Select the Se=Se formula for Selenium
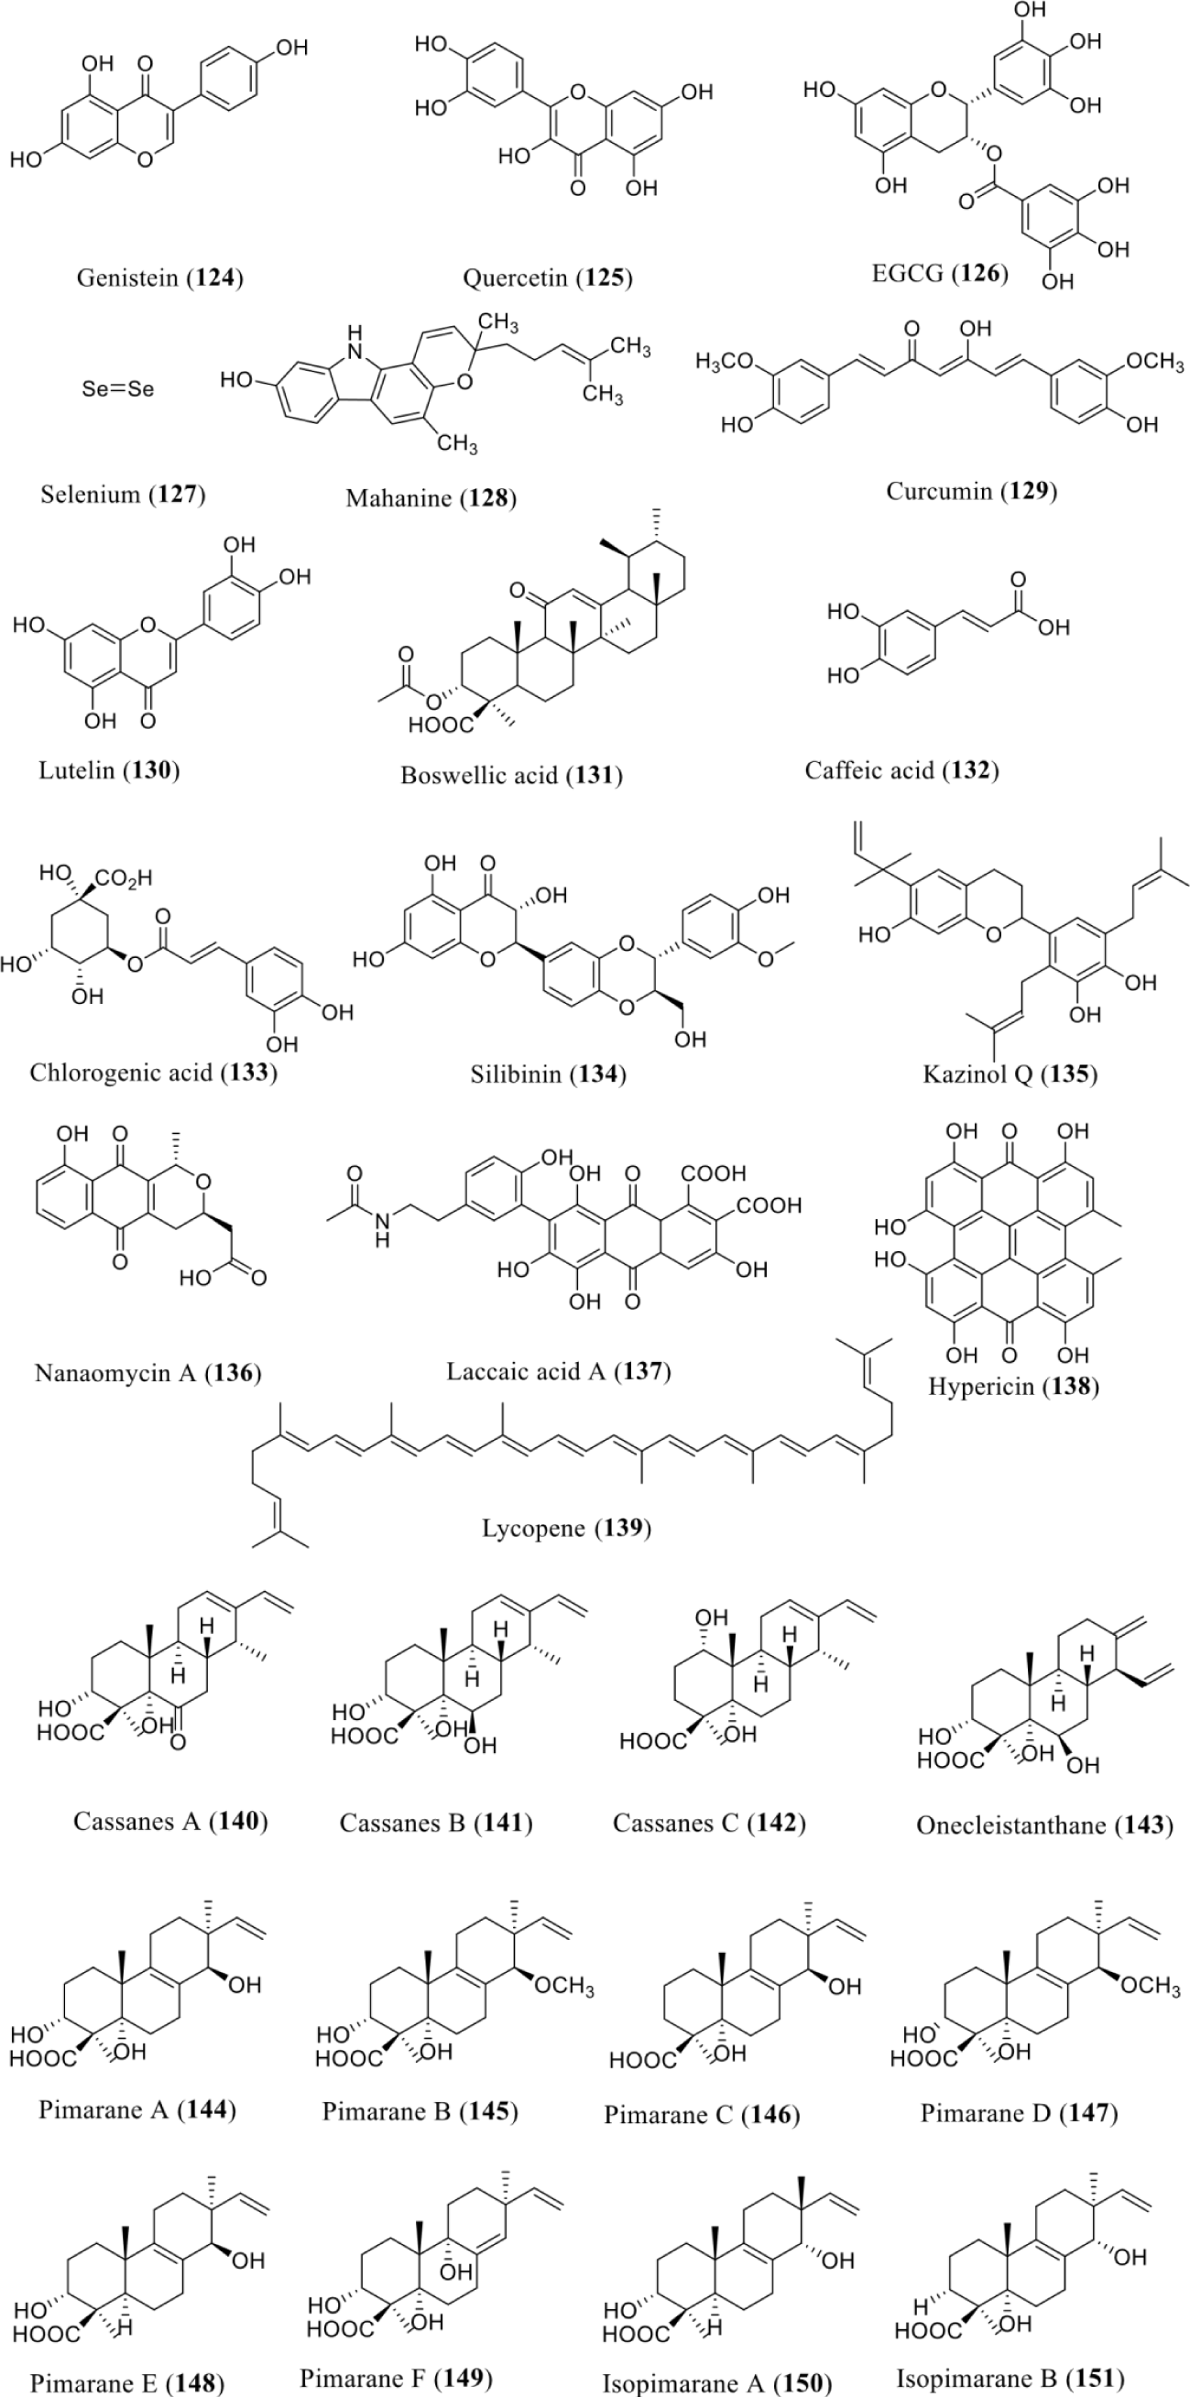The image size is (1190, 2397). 117,389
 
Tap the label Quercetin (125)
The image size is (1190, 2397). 547,278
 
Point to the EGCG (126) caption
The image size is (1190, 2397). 940,273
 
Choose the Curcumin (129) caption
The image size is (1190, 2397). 971,490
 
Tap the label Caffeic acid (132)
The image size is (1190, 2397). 901,769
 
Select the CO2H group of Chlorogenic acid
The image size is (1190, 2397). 124,877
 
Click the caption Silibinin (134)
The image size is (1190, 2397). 548,1073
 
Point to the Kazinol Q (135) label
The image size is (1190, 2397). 1010,1073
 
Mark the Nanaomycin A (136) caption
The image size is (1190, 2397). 147,1372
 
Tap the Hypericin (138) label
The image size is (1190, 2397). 1013,1387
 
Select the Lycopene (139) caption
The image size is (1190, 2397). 566,1528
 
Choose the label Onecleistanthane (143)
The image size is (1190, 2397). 1044,1825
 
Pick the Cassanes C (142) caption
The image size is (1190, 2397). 708,1823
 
